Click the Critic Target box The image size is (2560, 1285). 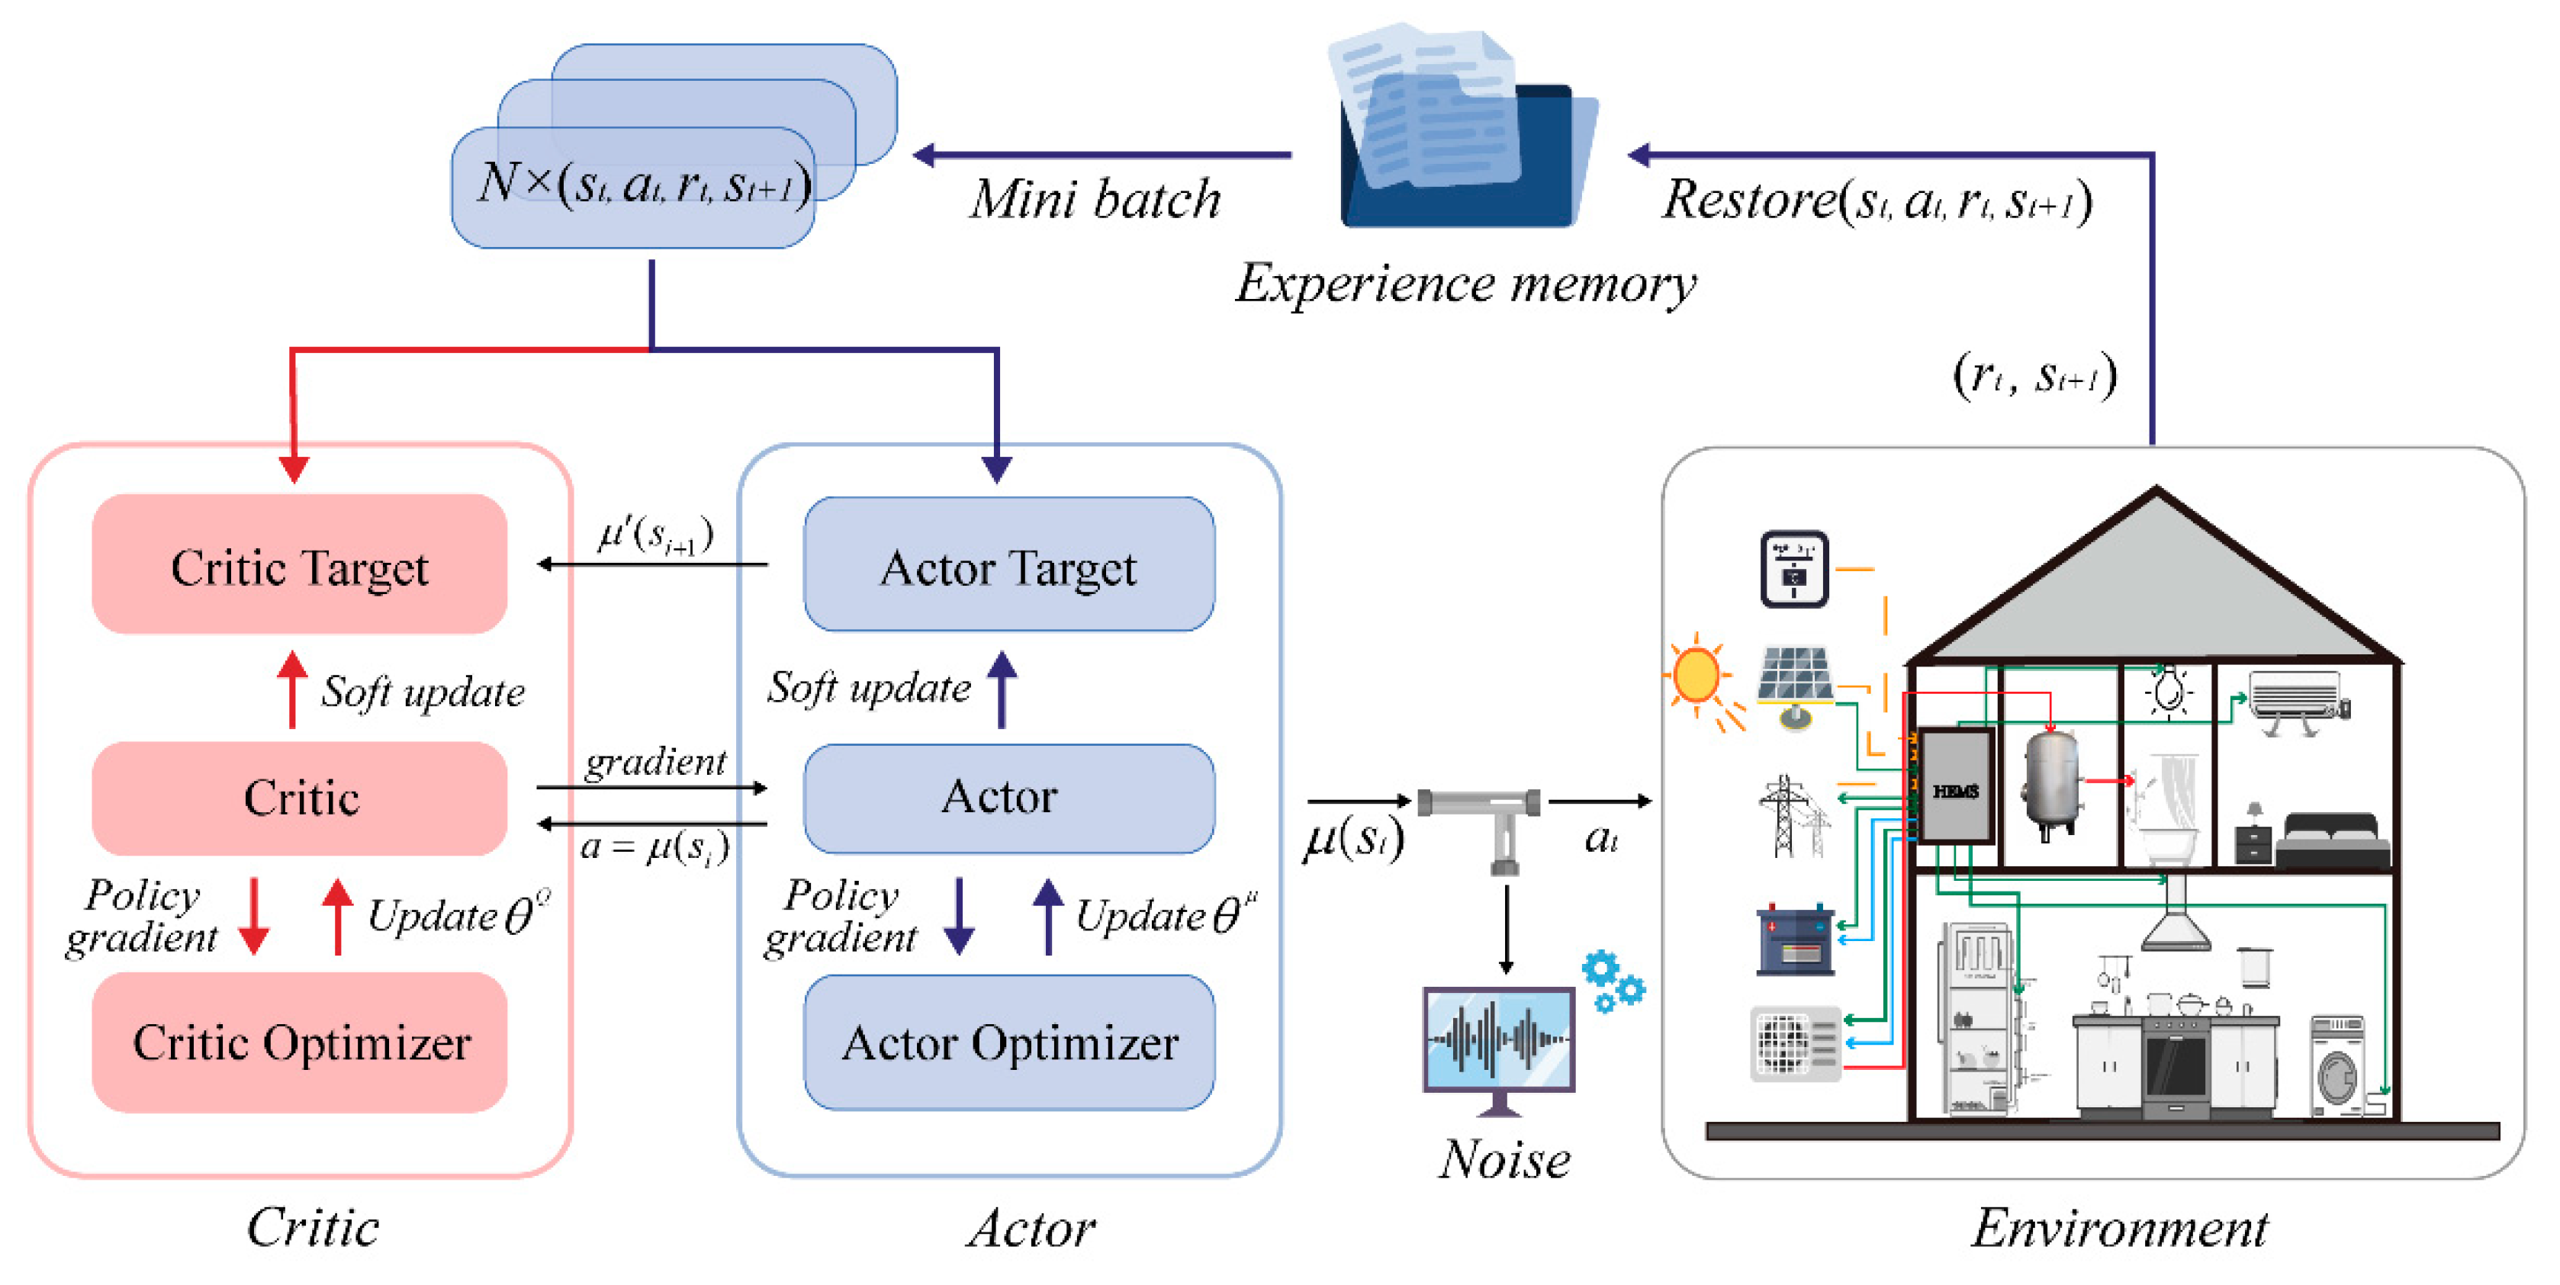point(299,564)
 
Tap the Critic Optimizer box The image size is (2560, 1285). point(299,1042)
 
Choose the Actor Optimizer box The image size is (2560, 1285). point(1008,1042)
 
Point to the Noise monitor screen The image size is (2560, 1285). point(1499,1039)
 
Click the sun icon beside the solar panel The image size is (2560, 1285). point(1696,676)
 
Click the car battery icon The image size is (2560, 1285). point(1795,938)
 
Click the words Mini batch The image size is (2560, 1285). point(1095,200)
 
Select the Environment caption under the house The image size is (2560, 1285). point(2120,1227)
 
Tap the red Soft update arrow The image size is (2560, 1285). point(292,689)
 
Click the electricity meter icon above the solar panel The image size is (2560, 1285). point(1794,568)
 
